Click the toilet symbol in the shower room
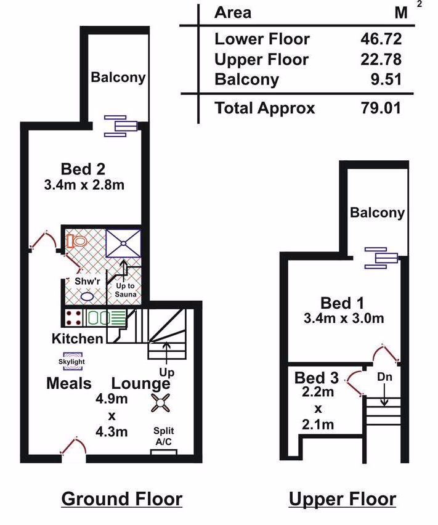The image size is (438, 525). point(76,240)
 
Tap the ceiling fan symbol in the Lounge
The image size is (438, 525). point(160,402)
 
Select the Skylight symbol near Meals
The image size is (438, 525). point(71,361)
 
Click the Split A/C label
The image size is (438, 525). point(164,436)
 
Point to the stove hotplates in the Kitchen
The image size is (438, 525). point(73,318)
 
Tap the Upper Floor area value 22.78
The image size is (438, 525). point(381,59)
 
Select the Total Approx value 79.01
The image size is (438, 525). point(381,108)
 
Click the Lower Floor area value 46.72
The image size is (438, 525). point(381,39)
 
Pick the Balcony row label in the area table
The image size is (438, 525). point(246,79)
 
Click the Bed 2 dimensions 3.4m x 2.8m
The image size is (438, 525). point(84,185)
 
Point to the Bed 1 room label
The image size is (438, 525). point(342,303)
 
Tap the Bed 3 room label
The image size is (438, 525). point(317,378)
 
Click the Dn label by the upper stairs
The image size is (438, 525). point(384,377)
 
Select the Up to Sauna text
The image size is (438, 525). point(126,290)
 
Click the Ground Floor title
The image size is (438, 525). point(122,499)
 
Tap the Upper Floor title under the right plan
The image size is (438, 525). point(343,500)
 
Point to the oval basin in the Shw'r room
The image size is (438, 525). point(87,296)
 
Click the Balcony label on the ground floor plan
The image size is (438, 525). point(118,78)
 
